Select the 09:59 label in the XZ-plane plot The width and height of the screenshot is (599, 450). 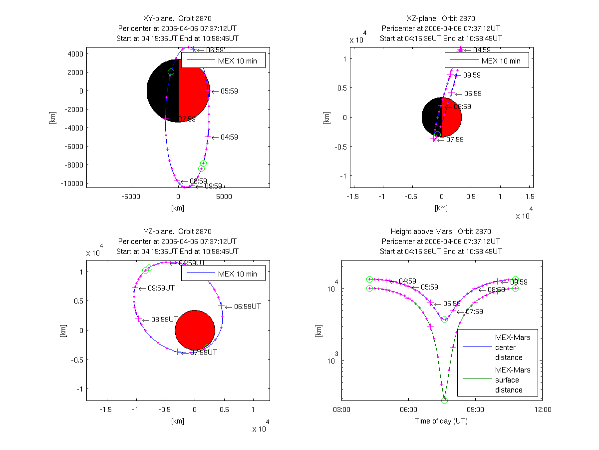click(x=472, y=75)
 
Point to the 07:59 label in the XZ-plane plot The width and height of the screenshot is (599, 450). click(x=455, y=140)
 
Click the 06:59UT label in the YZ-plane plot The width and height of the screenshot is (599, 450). click(x=247, y=307)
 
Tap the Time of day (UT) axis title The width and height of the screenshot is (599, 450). click(x=441, y=421)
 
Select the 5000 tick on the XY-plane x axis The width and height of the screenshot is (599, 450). click(x=224, y=197)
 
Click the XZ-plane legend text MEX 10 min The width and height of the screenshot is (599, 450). click(x=501, y=61)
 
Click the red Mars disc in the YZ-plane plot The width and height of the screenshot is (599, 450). click(x=195, y=330)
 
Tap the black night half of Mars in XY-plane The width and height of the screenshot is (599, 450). click(x=163, y=91)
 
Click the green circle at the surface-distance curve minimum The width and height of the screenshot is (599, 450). click(x=444, y=400)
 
